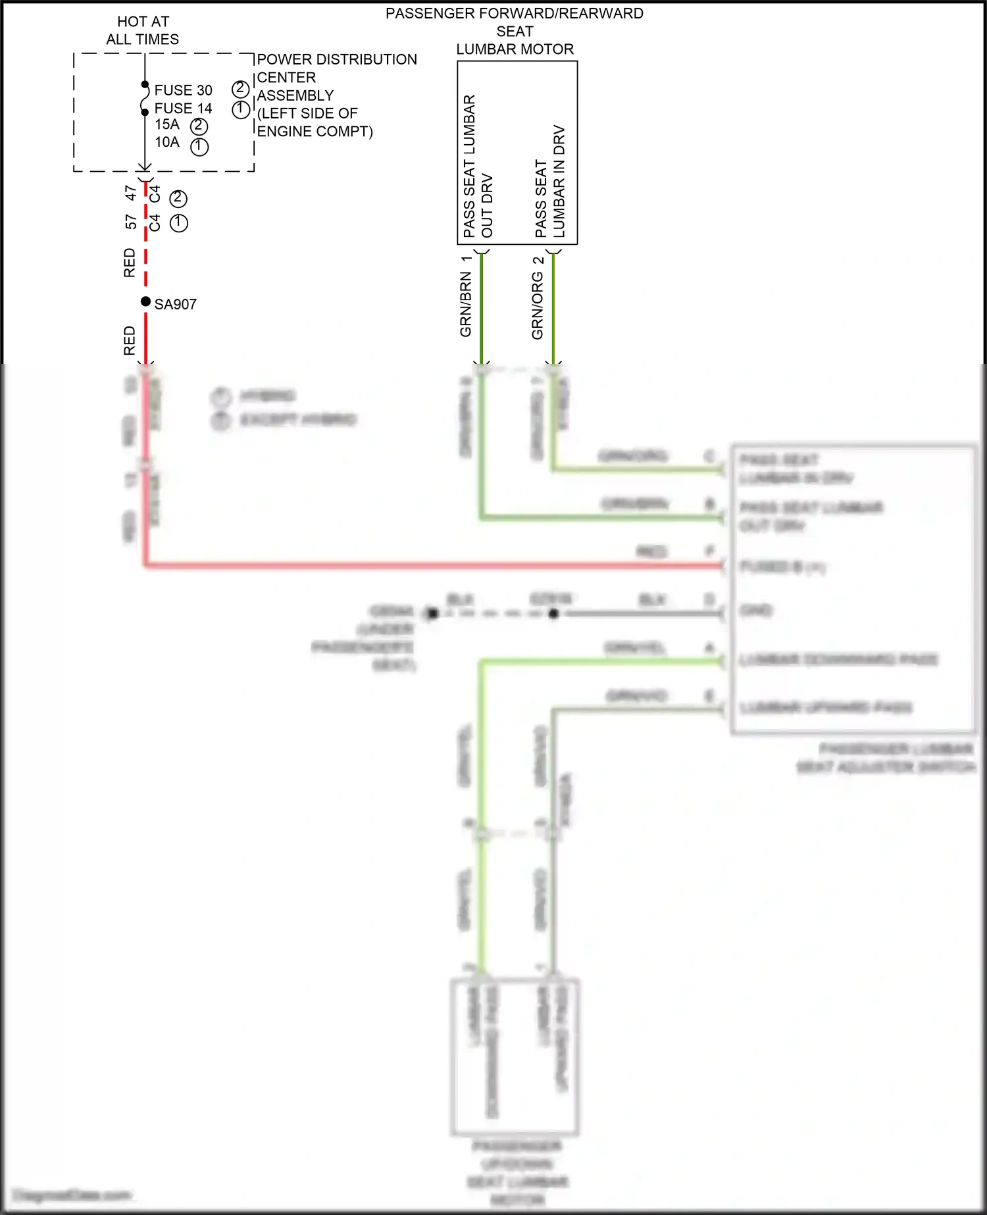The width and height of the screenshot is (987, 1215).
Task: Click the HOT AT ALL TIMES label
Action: (x=143, y=30)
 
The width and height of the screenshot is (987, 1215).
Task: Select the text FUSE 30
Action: (x=183, y=90)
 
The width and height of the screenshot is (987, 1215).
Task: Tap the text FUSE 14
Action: (x=183, y=108)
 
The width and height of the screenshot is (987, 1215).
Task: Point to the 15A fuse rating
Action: (x=167, y=124)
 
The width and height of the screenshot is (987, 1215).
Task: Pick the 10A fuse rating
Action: (x=167, y=142)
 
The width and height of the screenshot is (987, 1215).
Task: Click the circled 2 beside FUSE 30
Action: (x=240, y=89)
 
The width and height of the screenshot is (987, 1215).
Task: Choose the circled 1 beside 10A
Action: (x=199, y=146)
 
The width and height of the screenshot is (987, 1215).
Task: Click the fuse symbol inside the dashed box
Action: (x=144, y=99)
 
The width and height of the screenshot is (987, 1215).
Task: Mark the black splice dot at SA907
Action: (x=145, y=301)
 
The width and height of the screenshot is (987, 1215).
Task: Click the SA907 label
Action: (x=175, y=304)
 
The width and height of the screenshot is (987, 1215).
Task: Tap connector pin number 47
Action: (x=130, y=193)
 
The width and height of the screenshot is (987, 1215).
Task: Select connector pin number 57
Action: (x=130, y=222)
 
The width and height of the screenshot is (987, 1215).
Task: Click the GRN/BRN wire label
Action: (x=465, y=304)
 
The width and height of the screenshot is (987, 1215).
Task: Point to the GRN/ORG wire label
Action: (x=537, y=306)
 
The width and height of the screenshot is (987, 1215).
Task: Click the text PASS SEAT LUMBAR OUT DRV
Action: (x=478, y=166)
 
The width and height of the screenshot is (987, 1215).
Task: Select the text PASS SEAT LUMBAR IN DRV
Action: (x=550, y=181)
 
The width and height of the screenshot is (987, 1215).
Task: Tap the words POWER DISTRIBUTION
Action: (x=336, y=59)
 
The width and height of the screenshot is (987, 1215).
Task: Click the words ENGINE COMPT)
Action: (x=315, y=132)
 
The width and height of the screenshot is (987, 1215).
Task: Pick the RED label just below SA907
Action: (x=129, y=340)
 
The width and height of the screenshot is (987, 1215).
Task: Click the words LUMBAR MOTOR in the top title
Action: (x=515, y=49)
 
